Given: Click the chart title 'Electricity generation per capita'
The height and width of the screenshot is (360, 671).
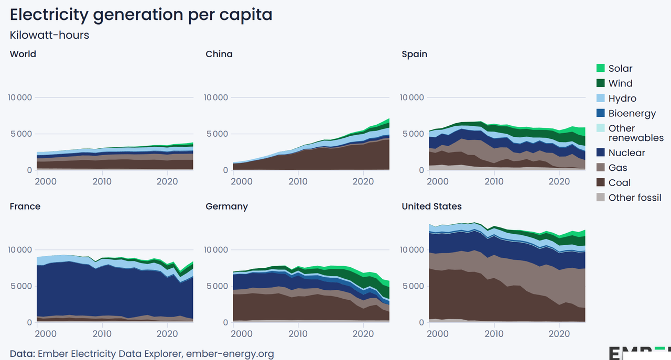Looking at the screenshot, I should click(141, 15).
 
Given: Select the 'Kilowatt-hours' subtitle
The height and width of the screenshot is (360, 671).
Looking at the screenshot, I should click(49, 35).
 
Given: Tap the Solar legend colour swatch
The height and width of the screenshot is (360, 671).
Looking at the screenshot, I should click(601, 68).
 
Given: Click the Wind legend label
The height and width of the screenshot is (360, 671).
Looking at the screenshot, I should click(620, 83).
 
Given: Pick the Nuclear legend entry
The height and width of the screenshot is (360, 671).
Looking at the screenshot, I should click(626, 153).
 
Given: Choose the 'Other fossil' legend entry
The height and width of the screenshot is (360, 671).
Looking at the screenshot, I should click(634, 198).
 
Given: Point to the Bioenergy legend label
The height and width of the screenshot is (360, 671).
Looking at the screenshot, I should click(632, 113).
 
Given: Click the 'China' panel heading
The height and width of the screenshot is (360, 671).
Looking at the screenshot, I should click(219, 54).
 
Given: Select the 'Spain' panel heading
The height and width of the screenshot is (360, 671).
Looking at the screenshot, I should click(414, 54).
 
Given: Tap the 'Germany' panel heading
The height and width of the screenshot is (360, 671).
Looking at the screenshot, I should click(226, 206).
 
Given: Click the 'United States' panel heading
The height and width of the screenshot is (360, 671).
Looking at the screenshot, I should click(431, 206).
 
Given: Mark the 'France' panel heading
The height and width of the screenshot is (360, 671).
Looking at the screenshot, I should click(25, 206).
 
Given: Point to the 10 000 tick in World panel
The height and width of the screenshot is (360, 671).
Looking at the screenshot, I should click(20, 97).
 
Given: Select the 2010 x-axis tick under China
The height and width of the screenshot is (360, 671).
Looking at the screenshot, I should click(298, 181).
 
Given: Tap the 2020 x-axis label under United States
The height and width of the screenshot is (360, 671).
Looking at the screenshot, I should click(559, 334).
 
